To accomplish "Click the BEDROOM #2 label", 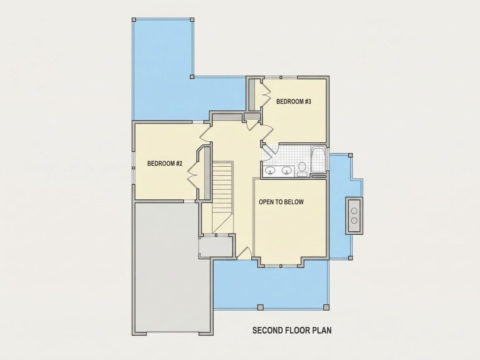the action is (x=165, y=164).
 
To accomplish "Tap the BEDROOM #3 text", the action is (x=294, y=101).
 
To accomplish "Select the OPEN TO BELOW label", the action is (x=281, y=202).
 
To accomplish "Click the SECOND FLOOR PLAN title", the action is (x=292, y=330).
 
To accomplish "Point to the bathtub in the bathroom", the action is (x=319, y=160).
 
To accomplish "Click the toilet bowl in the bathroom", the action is (x=302, y=167).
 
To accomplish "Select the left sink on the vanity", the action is (x=270, y=171).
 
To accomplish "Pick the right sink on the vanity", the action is (x=287, y=171).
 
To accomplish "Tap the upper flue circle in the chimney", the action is (x=354, y=211).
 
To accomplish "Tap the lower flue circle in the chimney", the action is (x=354, y=220).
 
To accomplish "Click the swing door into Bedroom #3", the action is (x=267, y=132).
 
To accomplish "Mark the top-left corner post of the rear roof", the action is (x=134, y=20).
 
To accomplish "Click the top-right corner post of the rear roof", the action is (x=192, y=20).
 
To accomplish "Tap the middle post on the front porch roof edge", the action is (x=260, y=307).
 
